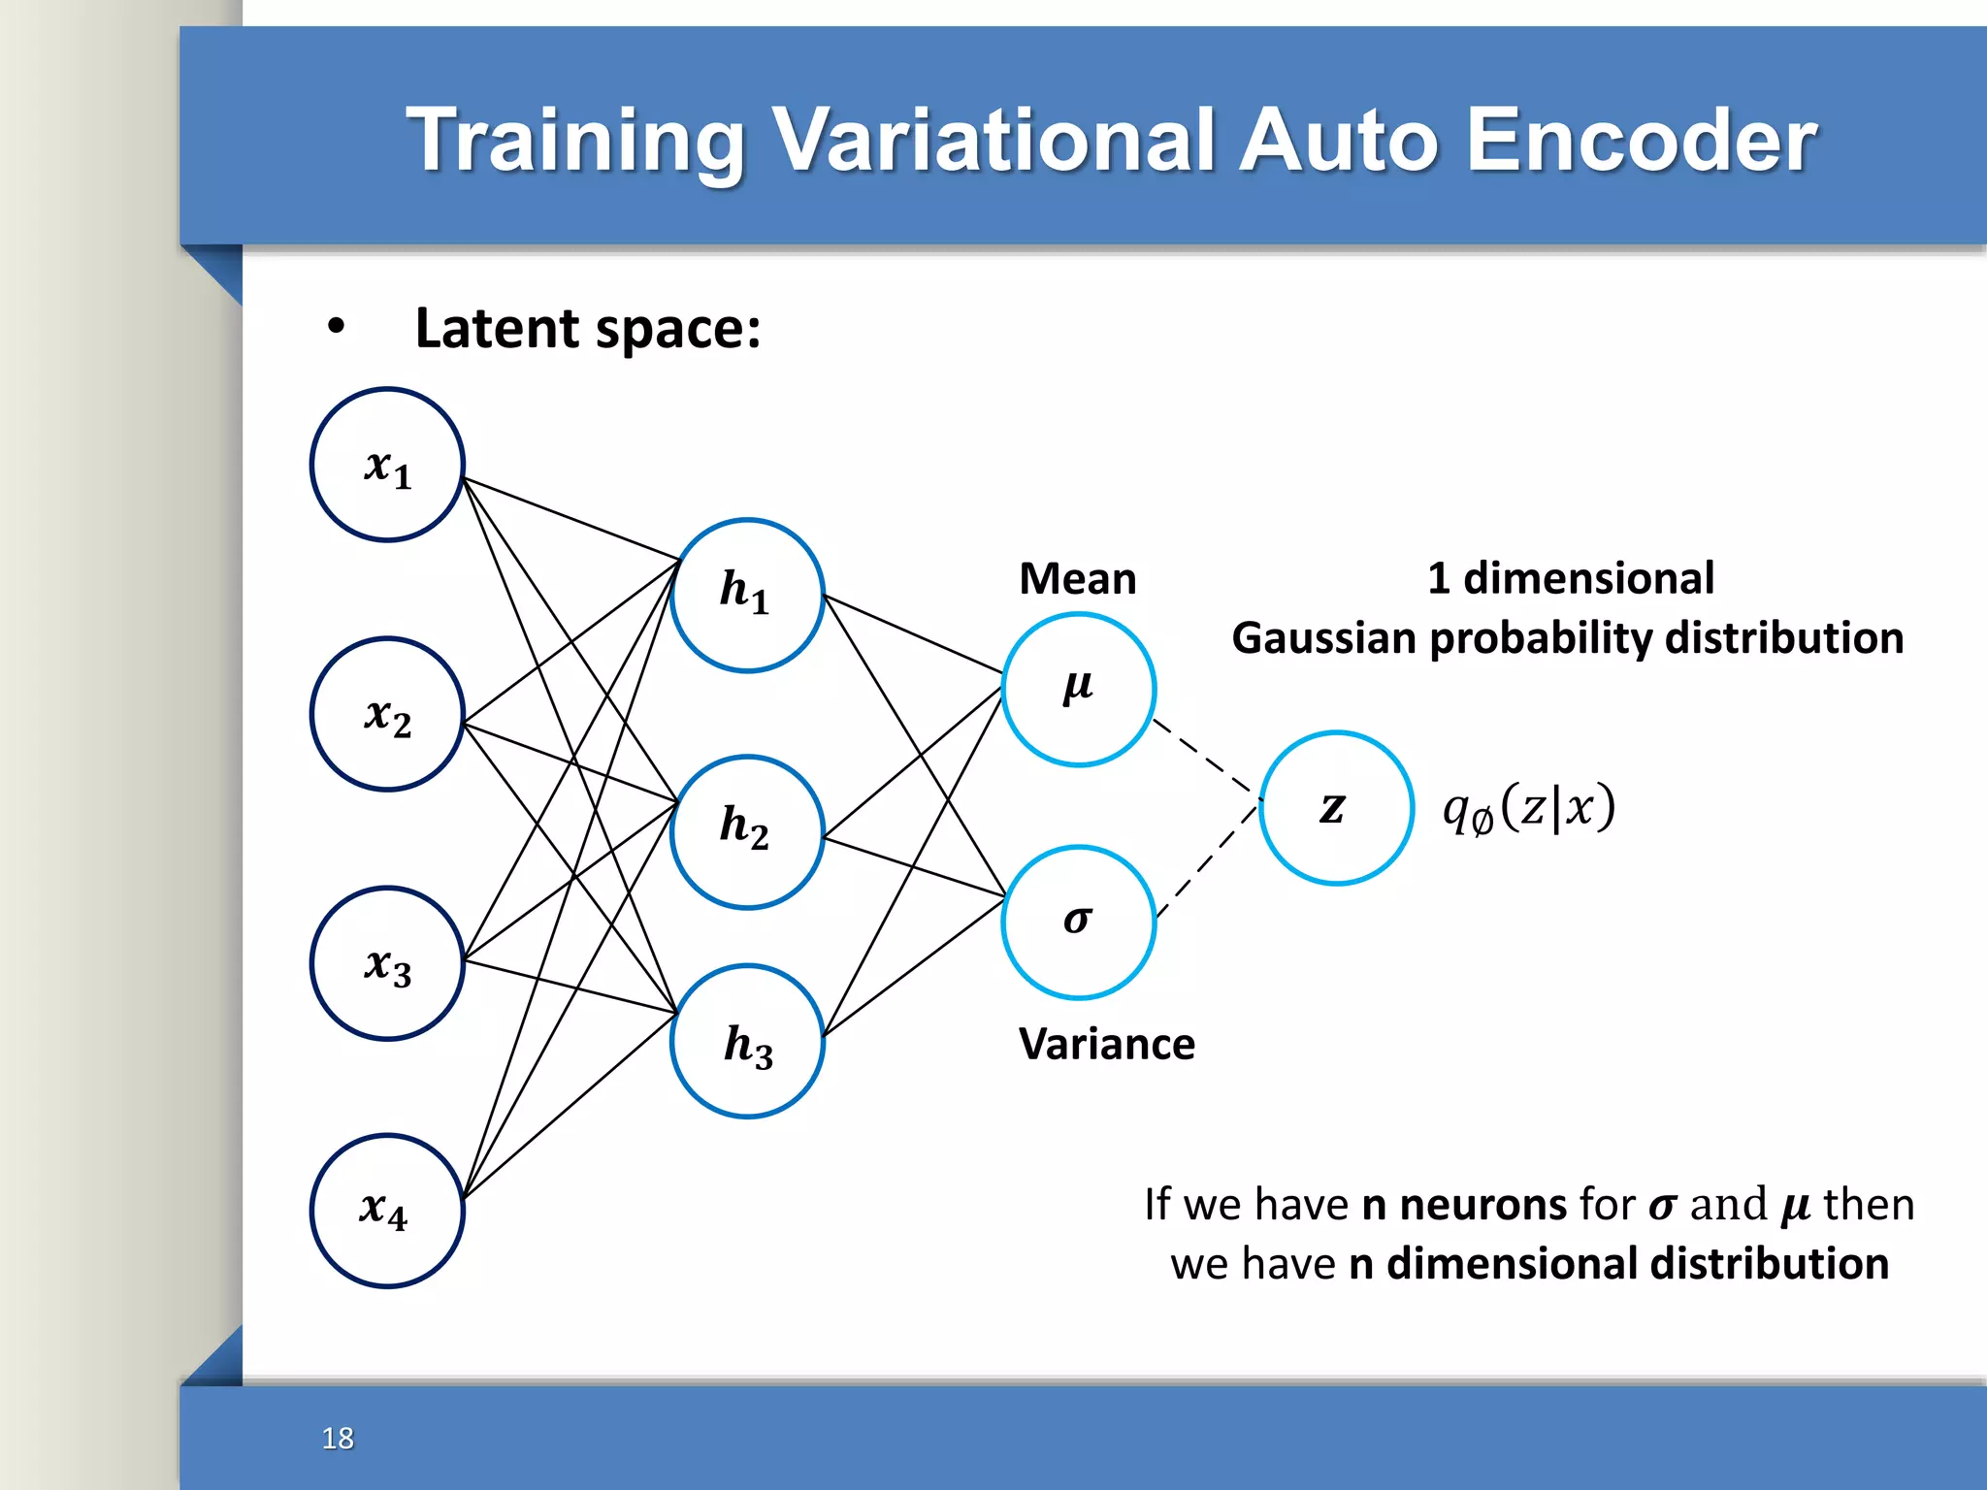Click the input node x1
[387, 465]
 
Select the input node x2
[387, 714]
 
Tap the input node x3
[387, 963]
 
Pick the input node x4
[387, 1211]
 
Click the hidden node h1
[747, 595]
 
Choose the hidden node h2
[747, 831]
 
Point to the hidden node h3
[747, 1041]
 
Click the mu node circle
[1078, 689]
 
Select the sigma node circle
[1078, 922]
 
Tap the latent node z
[1336, 807]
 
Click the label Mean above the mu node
[1077, 579]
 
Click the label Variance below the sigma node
[1106, 1045]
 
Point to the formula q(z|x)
[1528, 808]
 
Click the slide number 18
[338, 1438]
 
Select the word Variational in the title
[995, 141]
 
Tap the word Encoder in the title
[1640, 141]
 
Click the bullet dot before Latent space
[336, 328]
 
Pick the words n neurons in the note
[1463, 1205]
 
